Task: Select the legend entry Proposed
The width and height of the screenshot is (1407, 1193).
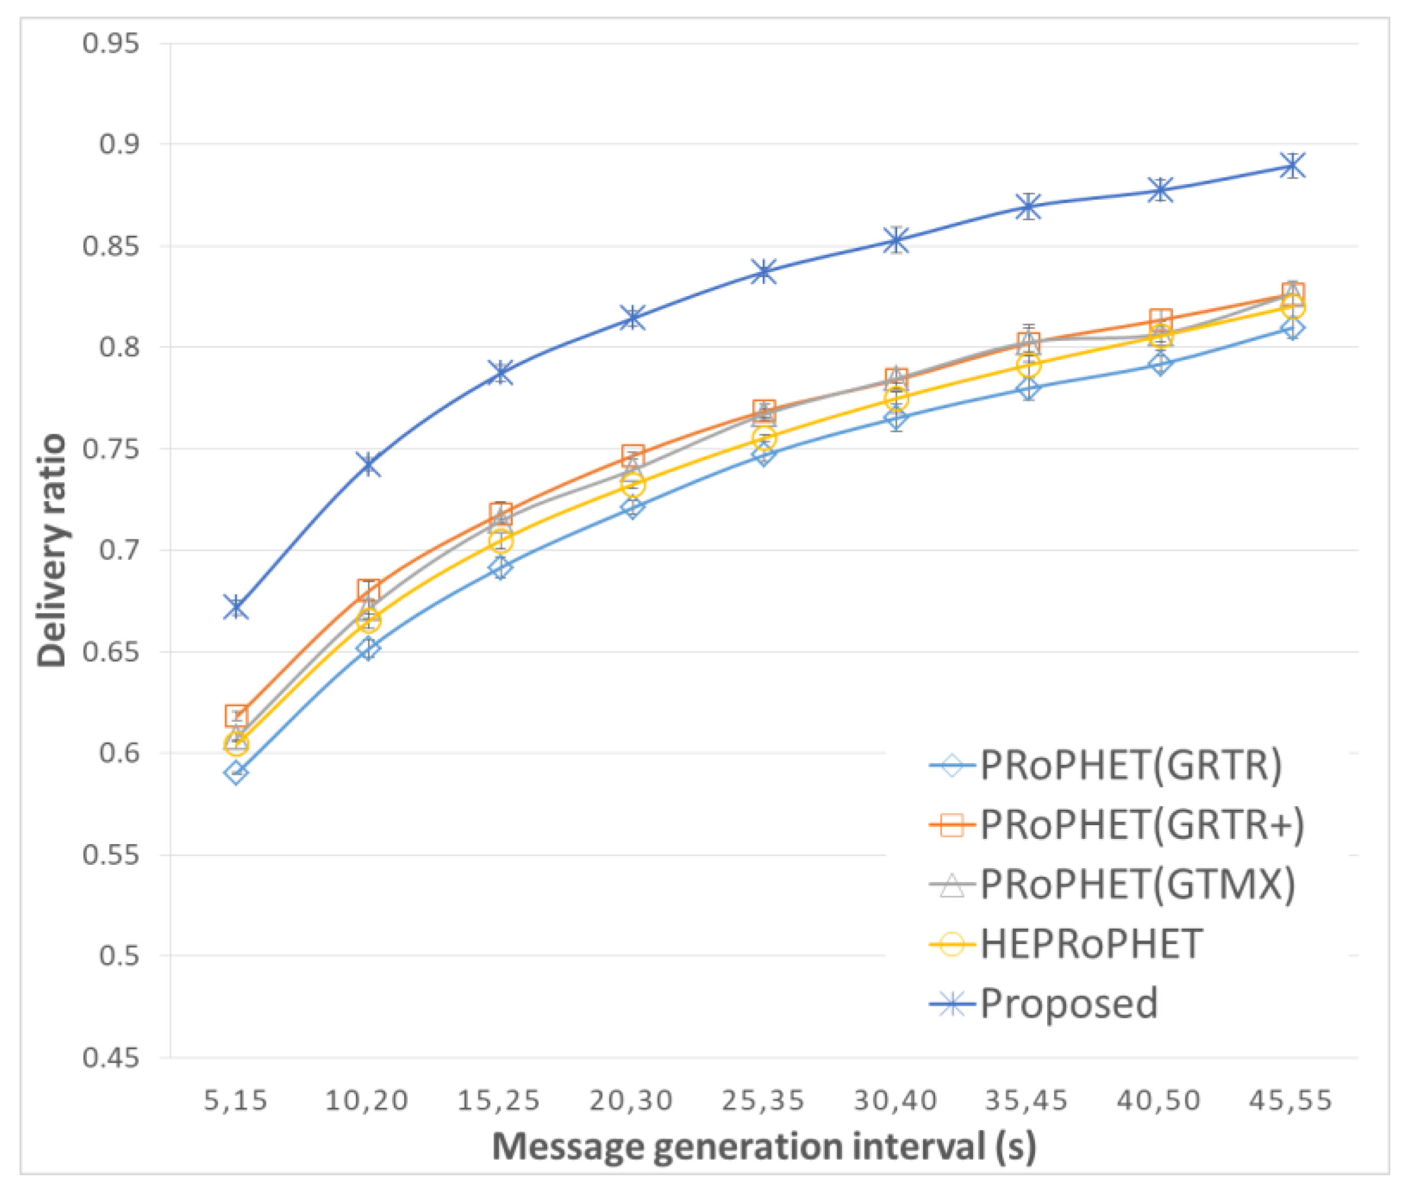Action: (x=1068, y=1003)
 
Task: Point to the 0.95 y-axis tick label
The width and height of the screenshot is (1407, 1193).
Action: (x=111, y=43)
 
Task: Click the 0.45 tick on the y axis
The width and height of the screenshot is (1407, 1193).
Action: (x=111, y=1058)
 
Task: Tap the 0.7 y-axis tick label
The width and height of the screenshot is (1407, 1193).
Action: (x=119, y=550)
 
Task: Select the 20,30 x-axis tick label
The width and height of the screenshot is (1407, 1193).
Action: (x=631, y=1101)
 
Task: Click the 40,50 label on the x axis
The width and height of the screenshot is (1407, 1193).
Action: (x=1159, y=1101)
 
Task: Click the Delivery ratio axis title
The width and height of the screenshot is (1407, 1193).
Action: (x=52, y=550)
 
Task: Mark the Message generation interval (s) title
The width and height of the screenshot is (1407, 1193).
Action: (x=765, y=1147)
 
